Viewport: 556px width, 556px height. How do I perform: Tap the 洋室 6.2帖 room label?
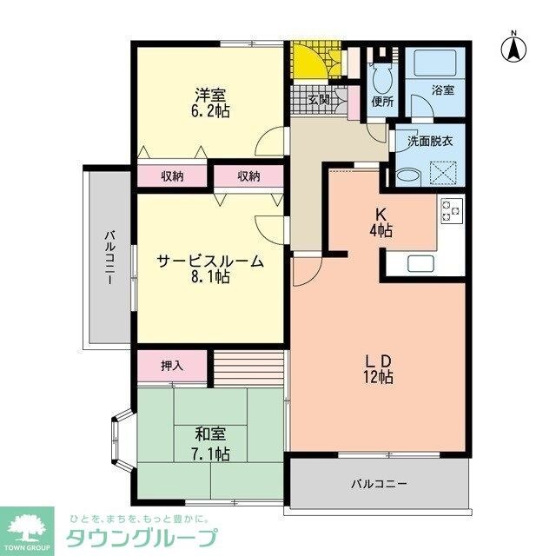211,103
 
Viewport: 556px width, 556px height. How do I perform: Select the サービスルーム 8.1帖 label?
210,268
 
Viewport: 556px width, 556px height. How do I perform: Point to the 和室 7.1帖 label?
211,443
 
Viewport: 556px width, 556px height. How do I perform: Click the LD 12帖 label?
379,368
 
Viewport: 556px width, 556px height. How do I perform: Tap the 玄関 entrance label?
319,100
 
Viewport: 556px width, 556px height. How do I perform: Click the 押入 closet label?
172,366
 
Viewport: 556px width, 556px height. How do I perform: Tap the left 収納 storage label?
172,176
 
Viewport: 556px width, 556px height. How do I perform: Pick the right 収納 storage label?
248,176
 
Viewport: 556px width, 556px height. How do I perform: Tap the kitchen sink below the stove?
420,264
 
